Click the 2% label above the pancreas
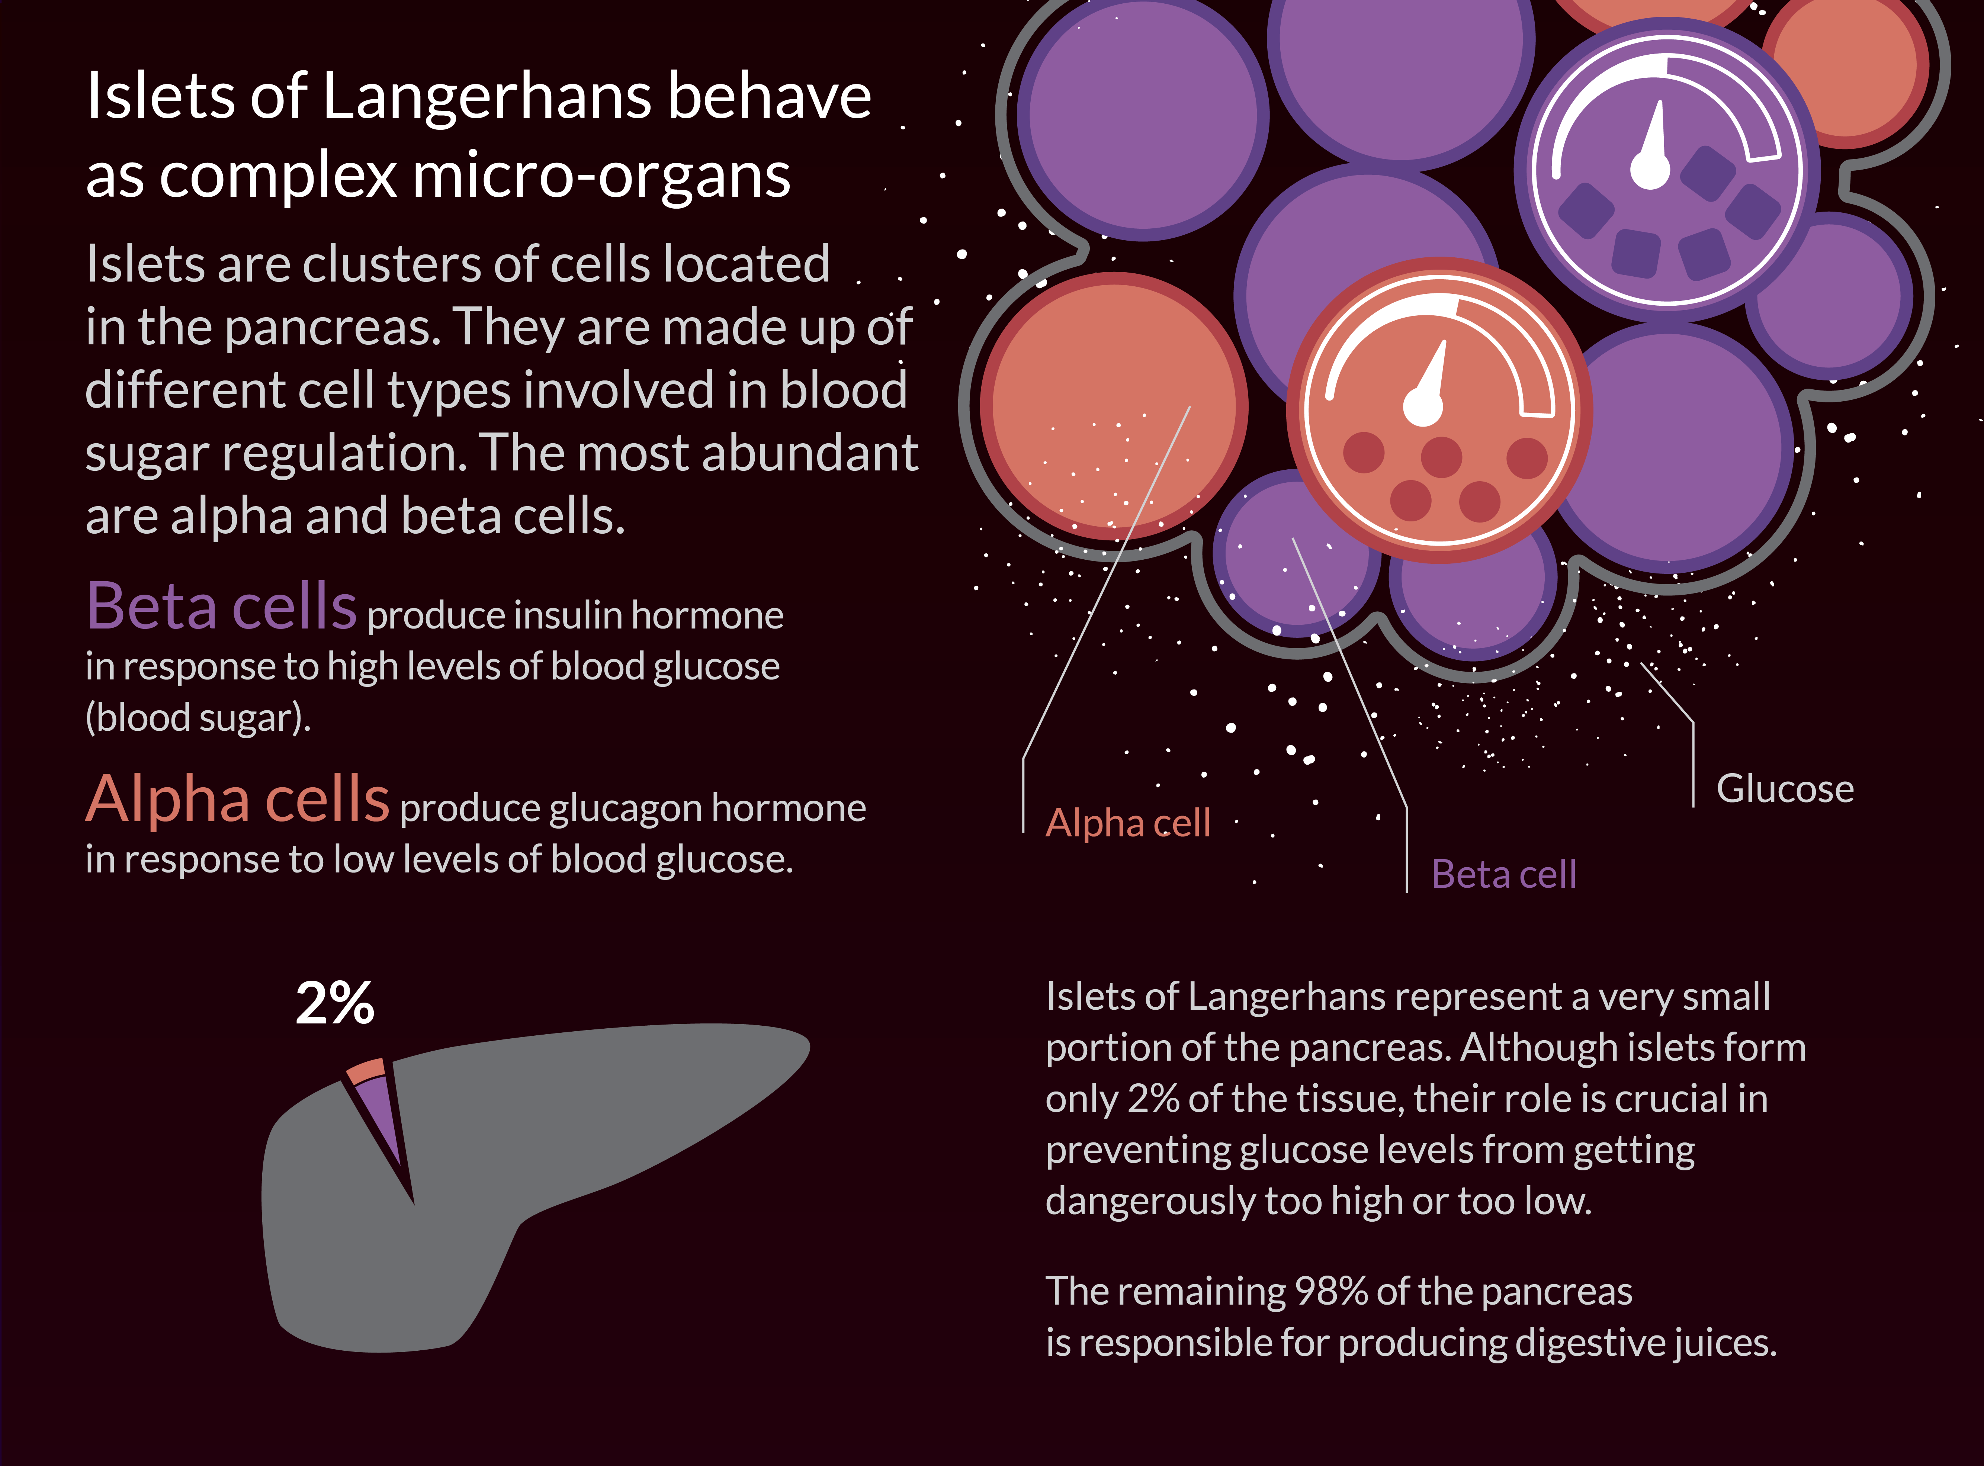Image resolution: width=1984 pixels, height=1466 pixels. (334, 1003)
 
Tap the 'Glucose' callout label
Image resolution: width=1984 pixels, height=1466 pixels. (1784, 789)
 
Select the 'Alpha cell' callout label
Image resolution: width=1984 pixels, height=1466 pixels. (1128, 823)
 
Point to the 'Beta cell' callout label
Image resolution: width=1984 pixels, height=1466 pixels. (1504, 874)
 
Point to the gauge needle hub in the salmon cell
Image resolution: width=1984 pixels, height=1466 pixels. (1422, 406)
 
